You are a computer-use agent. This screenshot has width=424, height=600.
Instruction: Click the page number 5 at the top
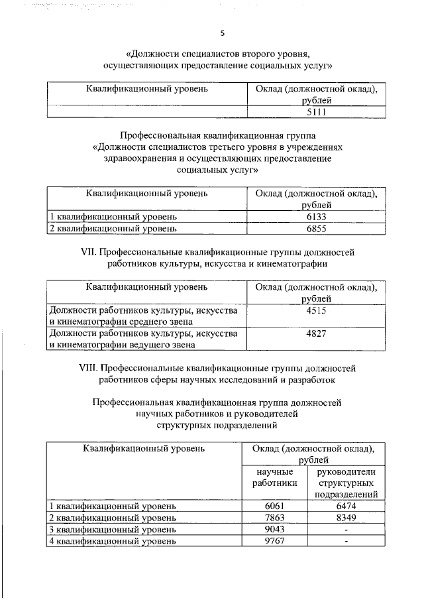click(223, 33)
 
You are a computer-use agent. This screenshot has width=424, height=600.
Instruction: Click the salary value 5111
click(316, 112)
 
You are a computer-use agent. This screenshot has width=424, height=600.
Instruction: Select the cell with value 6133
click(316, 217)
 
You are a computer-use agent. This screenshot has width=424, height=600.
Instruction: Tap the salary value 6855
click(316, 228)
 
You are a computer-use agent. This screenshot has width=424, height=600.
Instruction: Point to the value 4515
click(316, 310)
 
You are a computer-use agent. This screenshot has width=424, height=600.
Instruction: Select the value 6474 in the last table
click(346, 505)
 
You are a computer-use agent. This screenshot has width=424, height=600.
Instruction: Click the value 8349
click(346, 517)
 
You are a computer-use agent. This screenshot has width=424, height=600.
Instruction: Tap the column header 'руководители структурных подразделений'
click(346, 483)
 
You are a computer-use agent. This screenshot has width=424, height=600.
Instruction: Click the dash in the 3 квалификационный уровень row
click(346, 529)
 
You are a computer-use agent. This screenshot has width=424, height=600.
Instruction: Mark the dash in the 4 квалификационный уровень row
click(346, 541)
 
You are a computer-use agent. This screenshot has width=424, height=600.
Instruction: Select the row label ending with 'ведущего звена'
click(139, 339)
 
